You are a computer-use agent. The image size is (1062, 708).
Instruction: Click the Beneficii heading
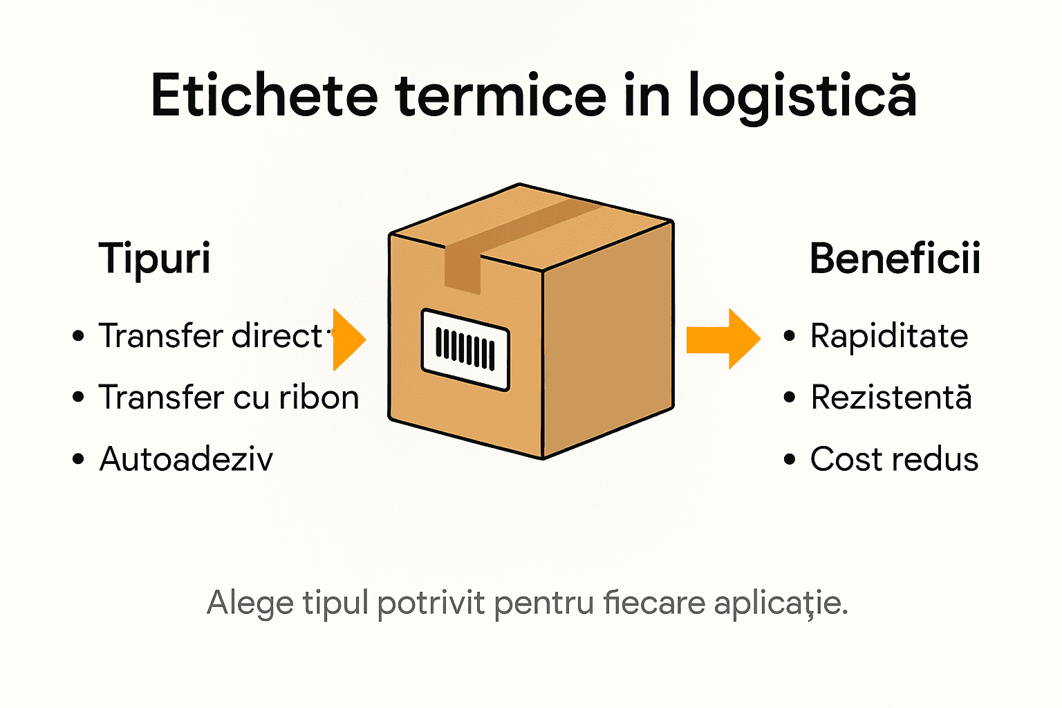pyautogui.click(x=895, y=259)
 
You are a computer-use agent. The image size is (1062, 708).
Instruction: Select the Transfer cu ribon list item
pyautogui.click(x=229, y=398)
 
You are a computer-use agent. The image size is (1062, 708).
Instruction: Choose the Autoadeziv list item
pyautogui.click(x=187, y=459)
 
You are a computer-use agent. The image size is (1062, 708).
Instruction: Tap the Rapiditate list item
pyautogui.click(x=889, y=337)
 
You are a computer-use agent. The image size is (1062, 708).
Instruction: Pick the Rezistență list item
pyautogui.click(x=891, y=398)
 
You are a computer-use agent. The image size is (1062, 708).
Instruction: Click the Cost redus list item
pyautogui.click(x=894, y=459)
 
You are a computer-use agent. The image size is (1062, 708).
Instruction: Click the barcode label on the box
pyautogui.click(x=465, y=349)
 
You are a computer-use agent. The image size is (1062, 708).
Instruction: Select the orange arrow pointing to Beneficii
pyautogui.click(x=723, y=339)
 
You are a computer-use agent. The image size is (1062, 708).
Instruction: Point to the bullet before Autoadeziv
pyautogui.click(x=78, y=459)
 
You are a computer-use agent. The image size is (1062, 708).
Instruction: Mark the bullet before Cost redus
pyautogui.click(x=790, y=459)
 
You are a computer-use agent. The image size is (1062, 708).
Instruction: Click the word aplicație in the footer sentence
pyautogui.click(x=781, y=603)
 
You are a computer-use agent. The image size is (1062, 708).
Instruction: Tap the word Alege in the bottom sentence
pyautogui.click(x=250, y=603)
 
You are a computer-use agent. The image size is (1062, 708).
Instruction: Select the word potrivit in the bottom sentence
pyautogui.click(x=431, y=603)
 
